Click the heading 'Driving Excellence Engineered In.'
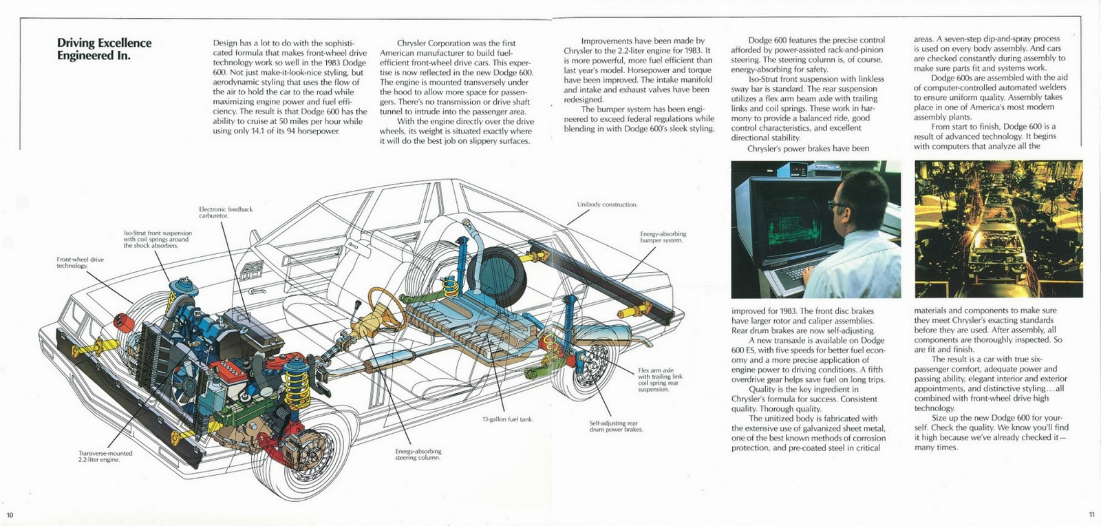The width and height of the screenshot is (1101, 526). click(104, 49)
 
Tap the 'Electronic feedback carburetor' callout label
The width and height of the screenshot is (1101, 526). click(225, 212)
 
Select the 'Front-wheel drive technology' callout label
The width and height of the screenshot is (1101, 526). click(80, 262)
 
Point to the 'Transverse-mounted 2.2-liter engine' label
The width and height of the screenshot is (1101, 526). click(105, 456)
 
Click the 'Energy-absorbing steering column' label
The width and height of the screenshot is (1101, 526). click(418, 454)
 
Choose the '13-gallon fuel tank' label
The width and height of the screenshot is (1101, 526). click(507, 419)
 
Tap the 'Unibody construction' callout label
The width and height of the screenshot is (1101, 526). click(607, 204)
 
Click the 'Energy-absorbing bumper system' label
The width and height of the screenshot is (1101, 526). click(663, 237)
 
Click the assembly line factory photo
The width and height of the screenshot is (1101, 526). click(998, 229)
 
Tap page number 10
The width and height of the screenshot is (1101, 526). click(10, 515)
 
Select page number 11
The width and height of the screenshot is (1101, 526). click(1091, 514)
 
